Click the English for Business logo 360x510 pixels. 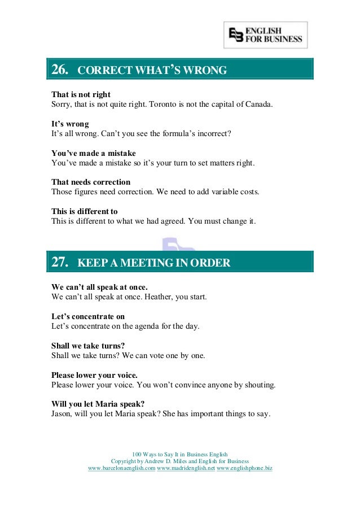(265, 35)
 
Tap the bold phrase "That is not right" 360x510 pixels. (81, 94)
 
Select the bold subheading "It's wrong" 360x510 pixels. (70, 124)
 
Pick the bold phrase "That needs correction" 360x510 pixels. (91, 182)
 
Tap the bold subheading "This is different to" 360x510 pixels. (85, 211)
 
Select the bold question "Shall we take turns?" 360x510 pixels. (88, 346)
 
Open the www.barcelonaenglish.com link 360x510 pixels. (122, 468)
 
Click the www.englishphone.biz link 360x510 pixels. (244, 468)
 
